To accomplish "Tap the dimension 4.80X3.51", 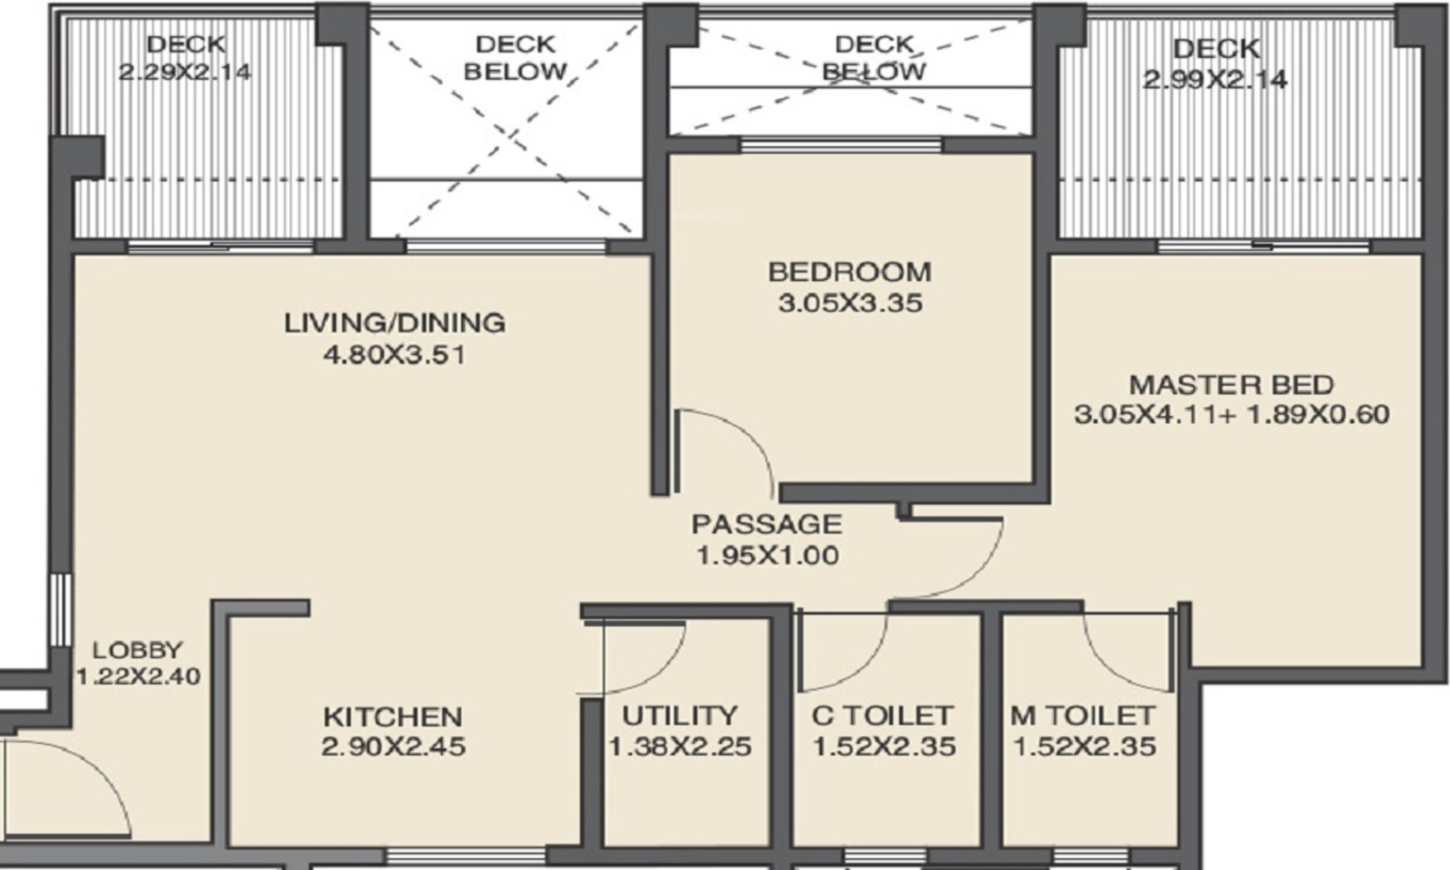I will (394, 355).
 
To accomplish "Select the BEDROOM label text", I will (849, 272).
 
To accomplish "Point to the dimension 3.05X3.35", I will (850, 304).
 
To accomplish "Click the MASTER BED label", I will (1232, 385).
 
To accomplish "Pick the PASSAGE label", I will (767, 524).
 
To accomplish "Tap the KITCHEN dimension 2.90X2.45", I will (393, 747).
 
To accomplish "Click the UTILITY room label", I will (679, 715).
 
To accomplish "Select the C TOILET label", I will (882, 715).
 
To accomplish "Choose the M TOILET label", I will (1083, 715).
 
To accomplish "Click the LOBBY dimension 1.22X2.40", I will (138, 677).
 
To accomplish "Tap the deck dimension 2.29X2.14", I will (185, 72).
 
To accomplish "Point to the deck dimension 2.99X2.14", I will (1215, 79).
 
